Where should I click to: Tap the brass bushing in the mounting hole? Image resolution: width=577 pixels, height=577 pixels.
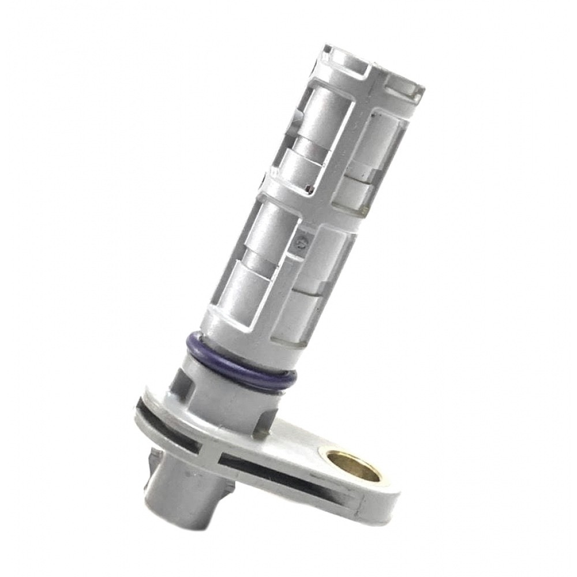[x=354, y=466]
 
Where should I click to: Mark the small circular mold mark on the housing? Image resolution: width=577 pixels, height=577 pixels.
[x=298, y=243]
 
